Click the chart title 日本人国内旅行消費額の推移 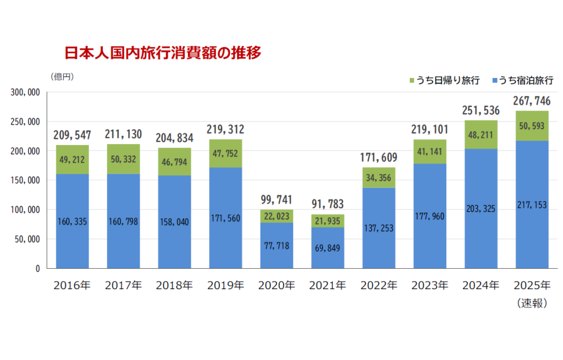tap(163, 53)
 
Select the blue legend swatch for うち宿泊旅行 tap(495, 81)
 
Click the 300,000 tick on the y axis tap(25, 92)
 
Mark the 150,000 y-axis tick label tap(25, 180)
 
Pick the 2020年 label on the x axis tap(277, 286)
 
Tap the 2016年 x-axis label tap(72, 286)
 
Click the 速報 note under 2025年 tap(532, 303)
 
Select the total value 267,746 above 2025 tap(532, 101)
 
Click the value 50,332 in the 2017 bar tap(123, 159)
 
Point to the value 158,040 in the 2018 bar tap(174, 221)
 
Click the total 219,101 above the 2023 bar tap(429, 130)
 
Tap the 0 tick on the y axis tap(37, 269)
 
